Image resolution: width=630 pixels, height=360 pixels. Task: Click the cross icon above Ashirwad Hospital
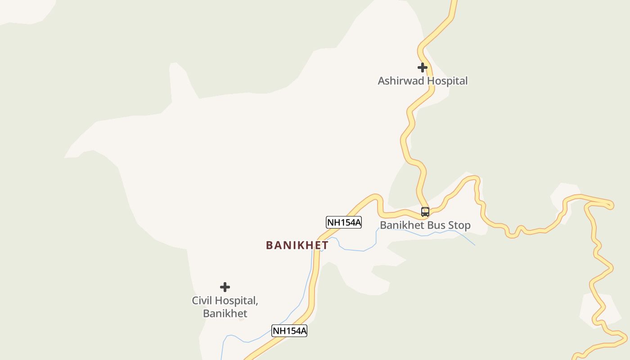(x=422, y=67)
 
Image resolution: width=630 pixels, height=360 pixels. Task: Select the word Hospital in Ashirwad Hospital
(x=447, y=81)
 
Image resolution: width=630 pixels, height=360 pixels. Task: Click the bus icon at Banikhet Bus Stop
(x=425, y=211)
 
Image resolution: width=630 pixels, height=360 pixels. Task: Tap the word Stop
(x=459, y=225)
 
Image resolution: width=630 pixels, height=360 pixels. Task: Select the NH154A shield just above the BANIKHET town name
(x=344, y=222)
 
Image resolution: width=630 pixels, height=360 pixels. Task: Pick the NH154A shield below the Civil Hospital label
(x=289, y=331)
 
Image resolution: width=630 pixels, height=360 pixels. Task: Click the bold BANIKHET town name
(x=297, y=245)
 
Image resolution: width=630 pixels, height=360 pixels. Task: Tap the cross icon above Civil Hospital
(x=225, y=287)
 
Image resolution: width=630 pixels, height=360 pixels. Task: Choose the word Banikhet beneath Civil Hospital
(x=225, y=313)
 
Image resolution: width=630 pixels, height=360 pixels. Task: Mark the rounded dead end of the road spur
(x=610, y=206)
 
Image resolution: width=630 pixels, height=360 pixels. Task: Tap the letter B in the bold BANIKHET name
(x=270, y=245)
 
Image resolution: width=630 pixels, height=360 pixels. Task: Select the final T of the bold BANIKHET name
(x=325, y=245)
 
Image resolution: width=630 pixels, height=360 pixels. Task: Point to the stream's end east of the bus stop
(x=475, y=245)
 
